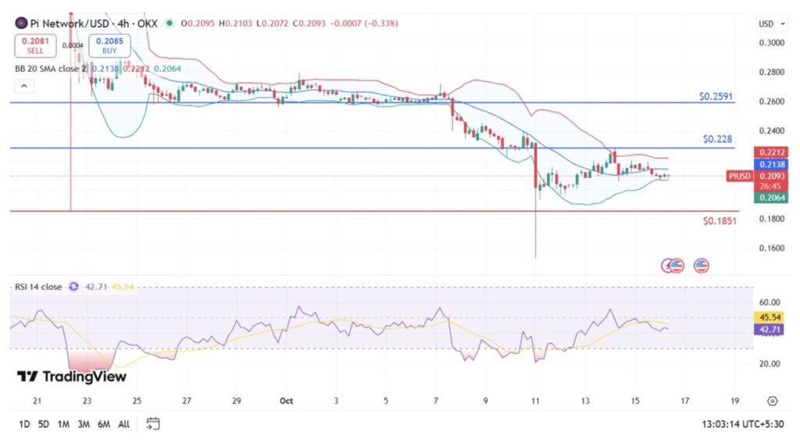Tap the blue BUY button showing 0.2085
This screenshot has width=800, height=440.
click(109, 45)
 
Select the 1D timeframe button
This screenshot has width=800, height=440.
click(24, 424)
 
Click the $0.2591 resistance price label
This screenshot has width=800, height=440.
click(716, 96)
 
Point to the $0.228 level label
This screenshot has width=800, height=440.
click(718, 139)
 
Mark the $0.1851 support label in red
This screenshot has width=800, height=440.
click(718, 222)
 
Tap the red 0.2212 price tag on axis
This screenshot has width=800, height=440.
click(770, 152)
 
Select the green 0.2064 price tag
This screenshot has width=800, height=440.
click(770, 199)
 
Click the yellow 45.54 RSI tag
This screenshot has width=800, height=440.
click(770, 317)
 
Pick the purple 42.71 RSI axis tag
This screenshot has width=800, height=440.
click(770, 330)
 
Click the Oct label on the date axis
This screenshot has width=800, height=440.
click(287, 401)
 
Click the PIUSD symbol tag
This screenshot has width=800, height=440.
click(739, 177)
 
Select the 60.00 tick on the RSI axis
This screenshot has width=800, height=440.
click(770, 302)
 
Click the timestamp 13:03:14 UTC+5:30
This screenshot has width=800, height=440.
click(743, 424)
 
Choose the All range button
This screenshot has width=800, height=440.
click(123, 424)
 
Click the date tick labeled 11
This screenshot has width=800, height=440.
click(535, 401)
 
